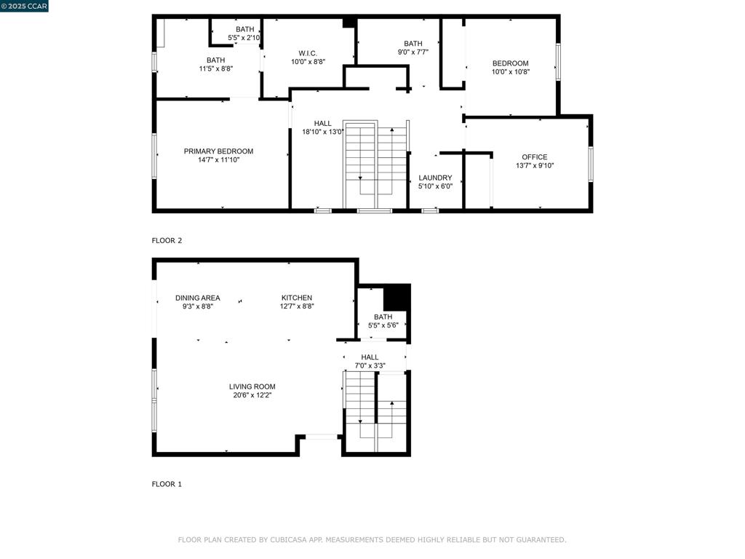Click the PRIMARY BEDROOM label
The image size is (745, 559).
218,151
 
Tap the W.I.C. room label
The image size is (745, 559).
308,53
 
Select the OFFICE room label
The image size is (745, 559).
534,157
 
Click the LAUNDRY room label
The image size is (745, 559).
435,178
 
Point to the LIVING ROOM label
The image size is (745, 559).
252,386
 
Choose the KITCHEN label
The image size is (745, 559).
297,298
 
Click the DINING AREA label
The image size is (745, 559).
197,298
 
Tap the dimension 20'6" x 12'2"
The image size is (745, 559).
252,395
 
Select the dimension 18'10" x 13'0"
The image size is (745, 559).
323,132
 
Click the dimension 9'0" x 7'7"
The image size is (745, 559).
413,52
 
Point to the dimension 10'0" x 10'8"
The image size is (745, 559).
510,71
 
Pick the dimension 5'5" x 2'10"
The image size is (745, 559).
244,37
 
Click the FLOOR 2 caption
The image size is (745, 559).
167,240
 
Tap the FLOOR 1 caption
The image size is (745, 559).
167,484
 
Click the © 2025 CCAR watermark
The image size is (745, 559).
24,6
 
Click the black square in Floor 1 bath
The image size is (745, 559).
397,297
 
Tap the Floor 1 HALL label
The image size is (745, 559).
370,357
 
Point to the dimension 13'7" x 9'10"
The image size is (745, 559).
534,166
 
